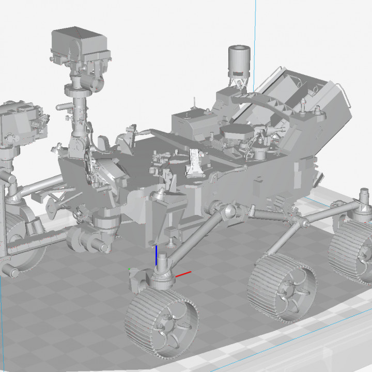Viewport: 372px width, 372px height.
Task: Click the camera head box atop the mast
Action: click(80, 43)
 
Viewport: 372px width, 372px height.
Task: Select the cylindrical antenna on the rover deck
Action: click(239, 60)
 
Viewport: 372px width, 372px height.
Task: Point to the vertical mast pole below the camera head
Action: click(79, 111)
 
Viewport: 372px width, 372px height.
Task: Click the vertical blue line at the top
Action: click(256, 21)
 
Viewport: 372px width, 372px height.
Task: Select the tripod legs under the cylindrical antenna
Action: click(239, 83)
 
